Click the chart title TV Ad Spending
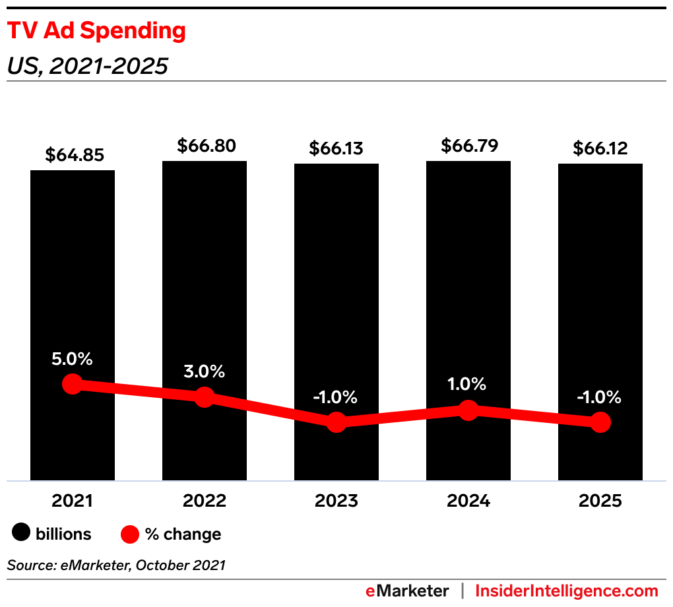(x=96, y=32)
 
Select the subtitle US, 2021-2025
(x=87, y=66)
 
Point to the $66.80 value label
(x=205, y=146)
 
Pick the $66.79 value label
(x=468, y=144)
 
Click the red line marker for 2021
(x=73, y=384)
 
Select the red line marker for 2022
(x=205, y=397)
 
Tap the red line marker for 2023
(x=336, y=422)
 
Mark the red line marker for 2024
(x=468, y=410)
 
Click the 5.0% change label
(x=73, y=360)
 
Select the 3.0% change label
(x=205, y=371)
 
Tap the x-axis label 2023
(x=336, y=501)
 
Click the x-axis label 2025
(x=600, y=501)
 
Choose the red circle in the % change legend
(x=131, y=534)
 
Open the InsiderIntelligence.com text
(x=567, y=591)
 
